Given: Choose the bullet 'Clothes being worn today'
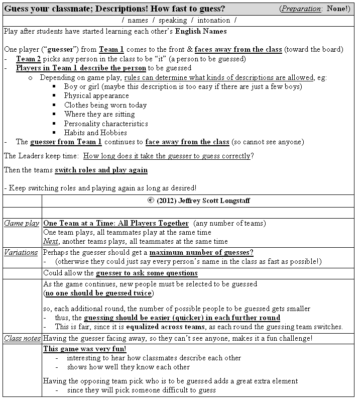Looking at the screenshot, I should pos(105,105).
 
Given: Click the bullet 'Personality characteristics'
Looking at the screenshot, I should pos(106,124).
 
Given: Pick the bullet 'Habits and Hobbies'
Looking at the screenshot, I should pos(95,133).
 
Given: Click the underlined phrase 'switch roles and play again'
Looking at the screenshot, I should pos(101,170).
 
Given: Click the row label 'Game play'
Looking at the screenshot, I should pos(22,223).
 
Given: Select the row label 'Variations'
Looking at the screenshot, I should pos(21,252).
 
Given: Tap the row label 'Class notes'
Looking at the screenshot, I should pos(22,339).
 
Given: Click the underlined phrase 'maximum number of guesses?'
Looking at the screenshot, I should pos(201,252).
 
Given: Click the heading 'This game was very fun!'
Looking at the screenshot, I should pos(84,349).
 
